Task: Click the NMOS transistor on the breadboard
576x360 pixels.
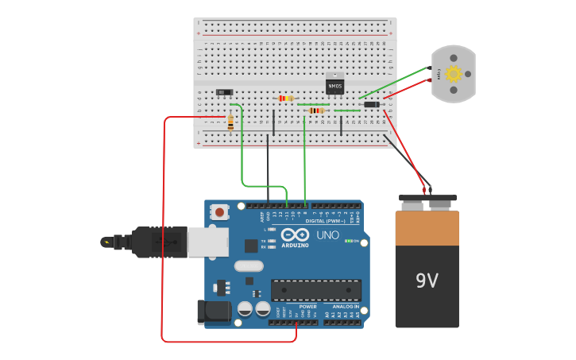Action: click(334, 83)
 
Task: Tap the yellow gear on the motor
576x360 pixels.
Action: click(454, 74)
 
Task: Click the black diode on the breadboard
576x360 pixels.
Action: click(371, 104)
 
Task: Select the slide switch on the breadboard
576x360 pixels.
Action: click(224, 92)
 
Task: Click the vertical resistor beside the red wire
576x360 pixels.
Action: click(230, 122)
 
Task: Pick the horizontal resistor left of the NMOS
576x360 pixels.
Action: click(286, 98)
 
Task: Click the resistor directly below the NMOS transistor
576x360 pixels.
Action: click(317, 110)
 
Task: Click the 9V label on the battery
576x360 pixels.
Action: click(427, 281)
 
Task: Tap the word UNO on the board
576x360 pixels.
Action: click(328, 235)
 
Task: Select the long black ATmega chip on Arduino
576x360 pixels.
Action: click(316, 290)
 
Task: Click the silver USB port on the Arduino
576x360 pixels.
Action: click(208, 242)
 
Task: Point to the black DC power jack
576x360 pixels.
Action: click(213, 312)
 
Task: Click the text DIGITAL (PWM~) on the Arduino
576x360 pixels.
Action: click(326, 221)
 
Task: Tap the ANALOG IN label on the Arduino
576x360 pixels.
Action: click(346, 306)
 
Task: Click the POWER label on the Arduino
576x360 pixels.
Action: click(307, 306)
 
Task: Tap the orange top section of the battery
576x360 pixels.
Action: click(427, 227)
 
